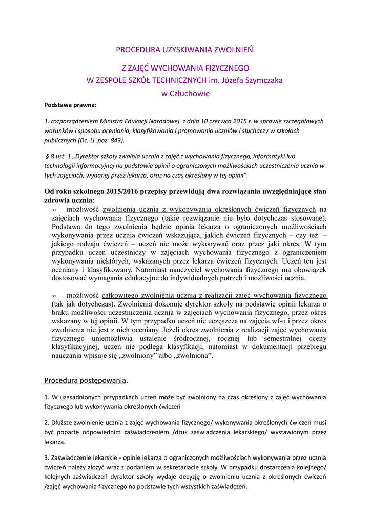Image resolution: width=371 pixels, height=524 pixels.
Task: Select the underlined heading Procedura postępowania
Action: point(85,380)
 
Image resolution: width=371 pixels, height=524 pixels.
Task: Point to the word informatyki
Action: point(270,156)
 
